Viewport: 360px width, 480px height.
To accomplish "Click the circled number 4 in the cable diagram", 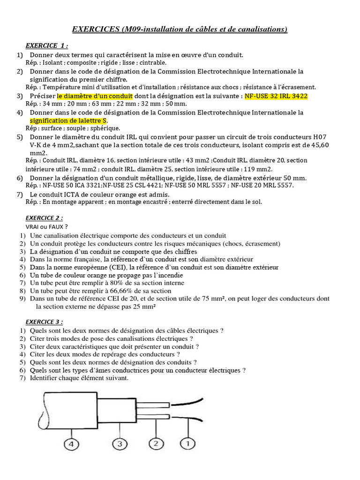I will [71, 444].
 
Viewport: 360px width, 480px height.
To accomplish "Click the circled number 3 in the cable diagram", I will [120, 444].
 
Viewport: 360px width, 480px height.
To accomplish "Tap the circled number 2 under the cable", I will [156, 444].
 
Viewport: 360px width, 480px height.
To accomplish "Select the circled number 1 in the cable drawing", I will [188, 443].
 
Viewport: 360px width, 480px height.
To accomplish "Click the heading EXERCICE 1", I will [46, 45].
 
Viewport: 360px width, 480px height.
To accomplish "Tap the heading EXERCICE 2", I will [44, 218].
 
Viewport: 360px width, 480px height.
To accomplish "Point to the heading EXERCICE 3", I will [44, 322].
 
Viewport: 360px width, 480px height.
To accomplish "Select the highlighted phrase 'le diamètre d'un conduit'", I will [95, 96].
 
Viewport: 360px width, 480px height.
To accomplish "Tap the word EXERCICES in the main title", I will [95, 30].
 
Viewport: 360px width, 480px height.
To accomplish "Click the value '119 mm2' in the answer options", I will [259, 169].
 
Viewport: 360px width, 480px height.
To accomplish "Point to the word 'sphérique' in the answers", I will [106, 128].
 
